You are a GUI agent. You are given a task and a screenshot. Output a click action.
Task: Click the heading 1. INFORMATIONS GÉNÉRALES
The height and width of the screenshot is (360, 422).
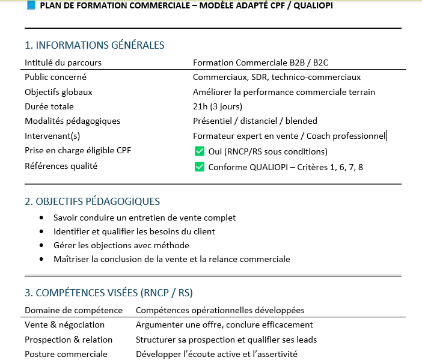[94, 45]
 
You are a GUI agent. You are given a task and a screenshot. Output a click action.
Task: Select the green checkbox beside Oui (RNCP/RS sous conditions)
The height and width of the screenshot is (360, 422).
[200, 151]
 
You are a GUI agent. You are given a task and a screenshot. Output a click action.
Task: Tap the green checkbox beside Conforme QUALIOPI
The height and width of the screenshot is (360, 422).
[200, 167]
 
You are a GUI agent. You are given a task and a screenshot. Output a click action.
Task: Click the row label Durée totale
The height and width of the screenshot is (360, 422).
[49, 106]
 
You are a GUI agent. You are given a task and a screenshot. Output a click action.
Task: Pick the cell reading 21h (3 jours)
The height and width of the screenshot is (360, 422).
[218, 106]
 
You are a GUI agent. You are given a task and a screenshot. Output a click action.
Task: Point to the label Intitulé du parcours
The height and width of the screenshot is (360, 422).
[63, 63]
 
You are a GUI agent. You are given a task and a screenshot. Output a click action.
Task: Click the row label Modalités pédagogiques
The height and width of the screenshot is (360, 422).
[73, 121]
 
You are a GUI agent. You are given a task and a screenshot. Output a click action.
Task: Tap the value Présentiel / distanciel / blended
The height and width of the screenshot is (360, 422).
[255, 121]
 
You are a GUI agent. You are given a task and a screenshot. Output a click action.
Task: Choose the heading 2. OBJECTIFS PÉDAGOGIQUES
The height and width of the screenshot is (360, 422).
[93, 201]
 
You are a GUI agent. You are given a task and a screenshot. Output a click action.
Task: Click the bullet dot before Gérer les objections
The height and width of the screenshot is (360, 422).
[41, 246]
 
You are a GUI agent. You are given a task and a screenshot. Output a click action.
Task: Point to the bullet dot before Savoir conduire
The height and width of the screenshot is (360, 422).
[41, 218]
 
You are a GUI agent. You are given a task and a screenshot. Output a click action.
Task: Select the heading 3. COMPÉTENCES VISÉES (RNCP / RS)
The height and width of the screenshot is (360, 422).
[109, 293]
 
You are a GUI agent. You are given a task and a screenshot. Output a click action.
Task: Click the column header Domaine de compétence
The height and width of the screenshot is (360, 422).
[73, 310]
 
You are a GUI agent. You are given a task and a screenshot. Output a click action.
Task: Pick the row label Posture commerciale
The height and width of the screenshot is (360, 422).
[66, 354]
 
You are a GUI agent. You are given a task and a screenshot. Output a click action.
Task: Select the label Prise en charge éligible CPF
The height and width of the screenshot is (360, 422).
[78, 150]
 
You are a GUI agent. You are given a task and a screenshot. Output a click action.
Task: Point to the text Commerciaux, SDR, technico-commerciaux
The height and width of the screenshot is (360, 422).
[277, 77]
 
